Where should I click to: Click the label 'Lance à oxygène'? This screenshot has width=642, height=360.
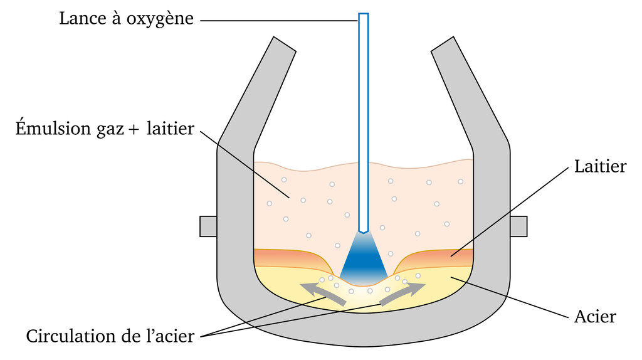(127, 19)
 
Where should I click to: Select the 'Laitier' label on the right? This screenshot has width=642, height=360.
(600, 166)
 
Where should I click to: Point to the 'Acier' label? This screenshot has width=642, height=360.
(595, 317)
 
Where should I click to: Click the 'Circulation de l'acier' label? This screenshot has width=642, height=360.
(110, 336)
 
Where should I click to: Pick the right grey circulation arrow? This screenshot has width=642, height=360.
(403, 293)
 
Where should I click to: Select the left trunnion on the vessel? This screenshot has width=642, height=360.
(208, 226)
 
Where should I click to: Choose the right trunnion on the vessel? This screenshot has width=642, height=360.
(518, 226)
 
